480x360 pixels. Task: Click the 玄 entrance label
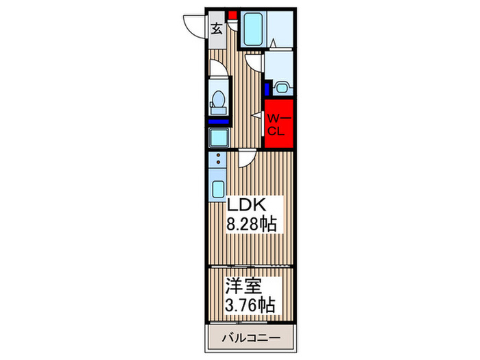[216, 29]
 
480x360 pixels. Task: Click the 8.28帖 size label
[252, 224]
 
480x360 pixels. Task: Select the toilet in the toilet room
[218, 100]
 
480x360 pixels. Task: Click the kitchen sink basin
[219, 189]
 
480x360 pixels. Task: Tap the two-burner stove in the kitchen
[219, 164]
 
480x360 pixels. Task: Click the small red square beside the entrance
[232, 14]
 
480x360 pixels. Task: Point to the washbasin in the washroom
[283, 88]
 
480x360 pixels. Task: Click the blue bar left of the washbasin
[267, 88]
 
